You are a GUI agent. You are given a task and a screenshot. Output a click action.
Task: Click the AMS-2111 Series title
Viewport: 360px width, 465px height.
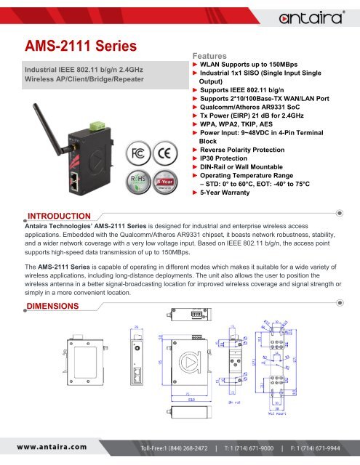coord(79,45)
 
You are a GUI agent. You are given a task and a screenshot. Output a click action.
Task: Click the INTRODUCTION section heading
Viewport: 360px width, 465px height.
coord(58,215)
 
